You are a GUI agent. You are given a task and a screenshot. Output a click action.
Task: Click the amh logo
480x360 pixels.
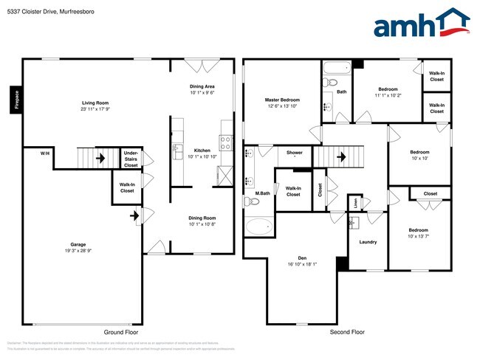click(x=421, y=24)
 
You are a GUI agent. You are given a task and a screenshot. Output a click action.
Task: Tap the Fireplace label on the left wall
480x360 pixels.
click(x=16, y=100)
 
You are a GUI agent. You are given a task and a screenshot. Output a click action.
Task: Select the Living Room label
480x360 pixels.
click(x=95, y=104)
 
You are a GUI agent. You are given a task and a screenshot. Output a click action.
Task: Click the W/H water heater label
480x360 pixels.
click(x=45, y=153)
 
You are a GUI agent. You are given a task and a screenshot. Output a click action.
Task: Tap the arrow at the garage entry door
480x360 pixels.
click(x=134, y=216)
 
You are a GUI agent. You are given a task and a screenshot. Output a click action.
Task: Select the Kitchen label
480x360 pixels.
click(x=202, y=150)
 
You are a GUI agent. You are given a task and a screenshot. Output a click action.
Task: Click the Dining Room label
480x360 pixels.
click(x=202, y=218)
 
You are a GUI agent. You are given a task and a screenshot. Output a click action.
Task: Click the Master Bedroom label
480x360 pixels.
click(x=282, y=100)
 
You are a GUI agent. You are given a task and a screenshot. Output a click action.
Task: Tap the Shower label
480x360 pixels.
click(x=295, y=153)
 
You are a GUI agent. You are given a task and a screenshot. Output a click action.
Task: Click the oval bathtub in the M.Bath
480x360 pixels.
click(x=258, y=225)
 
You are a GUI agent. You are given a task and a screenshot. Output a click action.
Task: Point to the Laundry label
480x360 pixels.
click(x=368, y=242)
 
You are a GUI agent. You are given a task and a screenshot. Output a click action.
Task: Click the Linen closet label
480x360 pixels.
click(x=354, y=201)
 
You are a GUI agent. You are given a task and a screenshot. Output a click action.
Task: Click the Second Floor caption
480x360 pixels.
click(x=347, y=333)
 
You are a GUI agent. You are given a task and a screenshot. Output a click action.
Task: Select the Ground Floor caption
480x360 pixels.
click(x=121, y=333)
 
